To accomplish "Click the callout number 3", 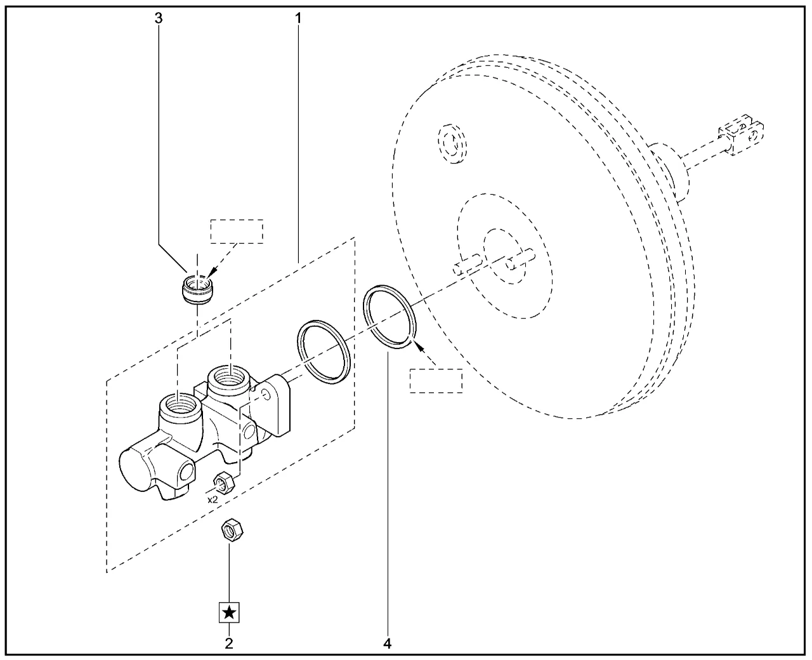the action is pyautogui.click(x=159, y=18).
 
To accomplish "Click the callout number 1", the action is pyautogui.click(x=298, y=18).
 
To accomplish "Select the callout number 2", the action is pyautogui.click(x=229, y=643).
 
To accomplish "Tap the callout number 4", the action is pyautogui.click(x=388, y=643).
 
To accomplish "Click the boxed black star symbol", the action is pyautogui.click(x=229, y=612).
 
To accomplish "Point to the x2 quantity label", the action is pyautogui.click(x=213, y=499).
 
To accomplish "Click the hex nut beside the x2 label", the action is pyautogui.click(x=224, y=483).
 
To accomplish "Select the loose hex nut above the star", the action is pyautogui.click(x=232, y=530).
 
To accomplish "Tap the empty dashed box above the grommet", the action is pyautogui.click(x=237, y=232).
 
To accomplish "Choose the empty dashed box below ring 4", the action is pyautogui.click(x=436, y=381).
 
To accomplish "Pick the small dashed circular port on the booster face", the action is pyautogui.click(x=452, y=144).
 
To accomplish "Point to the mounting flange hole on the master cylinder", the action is pyautogui.click(x=266, y=395).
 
